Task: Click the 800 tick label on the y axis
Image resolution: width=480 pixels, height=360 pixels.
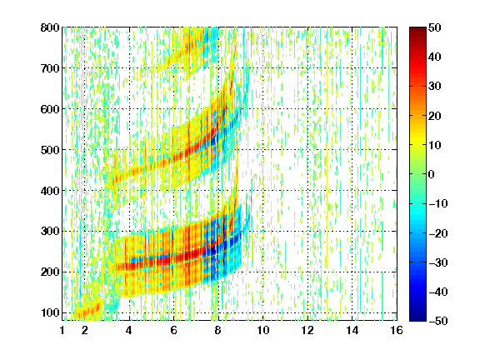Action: pos(50,27)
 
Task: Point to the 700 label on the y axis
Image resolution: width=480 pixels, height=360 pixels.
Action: pos(50,68)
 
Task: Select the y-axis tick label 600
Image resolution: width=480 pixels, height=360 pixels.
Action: pos(50,109)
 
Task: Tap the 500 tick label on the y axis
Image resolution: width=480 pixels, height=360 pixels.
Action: pos(50,150)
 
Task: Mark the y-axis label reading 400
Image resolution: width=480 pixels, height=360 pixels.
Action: pos(50,191)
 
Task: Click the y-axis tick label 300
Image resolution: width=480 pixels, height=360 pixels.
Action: pos(50,231)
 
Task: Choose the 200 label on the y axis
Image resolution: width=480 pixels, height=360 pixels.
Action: pos(50,272)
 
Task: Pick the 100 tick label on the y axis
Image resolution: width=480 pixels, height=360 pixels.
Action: pos(50,312)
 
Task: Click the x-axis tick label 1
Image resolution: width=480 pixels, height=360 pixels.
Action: pos(62,330)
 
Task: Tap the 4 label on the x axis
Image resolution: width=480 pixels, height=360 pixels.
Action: pos(129,330)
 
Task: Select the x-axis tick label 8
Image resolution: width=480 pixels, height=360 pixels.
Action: pos(218,330)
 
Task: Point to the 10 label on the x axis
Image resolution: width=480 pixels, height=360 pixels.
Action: pos(262,330)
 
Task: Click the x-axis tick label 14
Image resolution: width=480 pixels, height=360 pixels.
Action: pos(352,330)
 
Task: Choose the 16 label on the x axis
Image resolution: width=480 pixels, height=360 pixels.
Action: pos(397,330)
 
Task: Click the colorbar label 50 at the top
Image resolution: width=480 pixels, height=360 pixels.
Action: pos(435,27)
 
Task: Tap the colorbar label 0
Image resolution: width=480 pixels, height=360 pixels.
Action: pos(432,174)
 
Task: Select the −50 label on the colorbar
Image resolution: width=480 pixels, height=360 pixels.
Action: pos(438,321)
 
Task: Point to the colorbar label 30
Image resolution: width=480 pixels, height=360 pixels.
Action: pos(435,87)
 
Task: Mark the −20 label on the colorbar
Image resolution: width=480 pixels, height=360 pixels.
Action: pos(438,233)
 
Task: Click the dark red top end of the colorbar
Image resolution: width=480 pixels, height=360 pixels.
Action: pos(417,29)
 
